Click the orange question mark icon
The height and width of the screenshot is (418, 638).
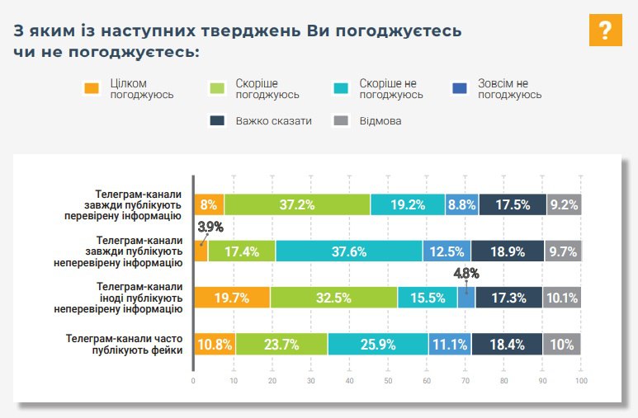(x=605, y=31)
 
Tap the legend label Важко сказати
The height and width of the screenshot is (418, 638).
(x=273, y=121)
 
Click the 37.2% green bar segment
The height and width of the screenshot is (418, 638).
(x=296, y=204)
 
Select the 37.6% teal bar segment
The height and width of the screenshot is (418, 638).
(x=348, y=251)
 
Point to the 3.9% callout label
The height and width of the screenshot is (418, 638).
(x=210, y=227)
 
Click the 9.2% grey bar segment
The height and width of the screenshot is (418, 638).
(x=564, y=204)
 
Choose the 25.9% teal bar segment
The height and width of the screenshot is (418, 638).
(x=377, y=344)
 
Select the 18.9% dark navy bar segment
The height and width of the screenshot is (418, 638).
(x=507, y=251)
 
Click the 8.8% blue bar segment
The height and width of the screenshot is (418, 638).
(x=461, y=204)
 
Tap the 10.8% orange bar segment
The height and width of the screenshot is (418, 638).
(x=215, y=344)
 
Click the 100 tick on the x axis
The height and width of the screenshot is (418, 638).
(x=581, y=381)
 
